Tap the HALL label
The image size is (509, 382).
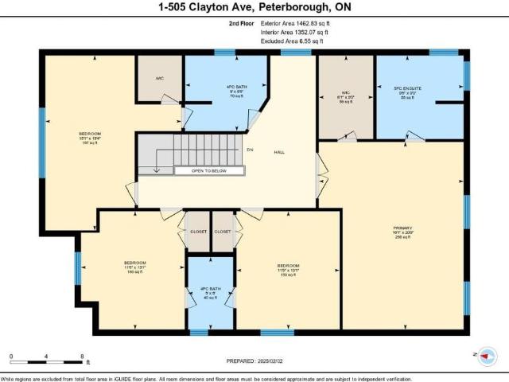(x=280, y=152)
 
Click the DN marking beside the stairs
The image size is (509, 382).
(x=249, y=149)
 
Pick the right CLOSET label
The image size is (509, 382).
(x=223, y=232)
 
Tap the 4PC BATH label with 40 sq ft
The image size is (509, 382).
(x=211, y=289)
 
